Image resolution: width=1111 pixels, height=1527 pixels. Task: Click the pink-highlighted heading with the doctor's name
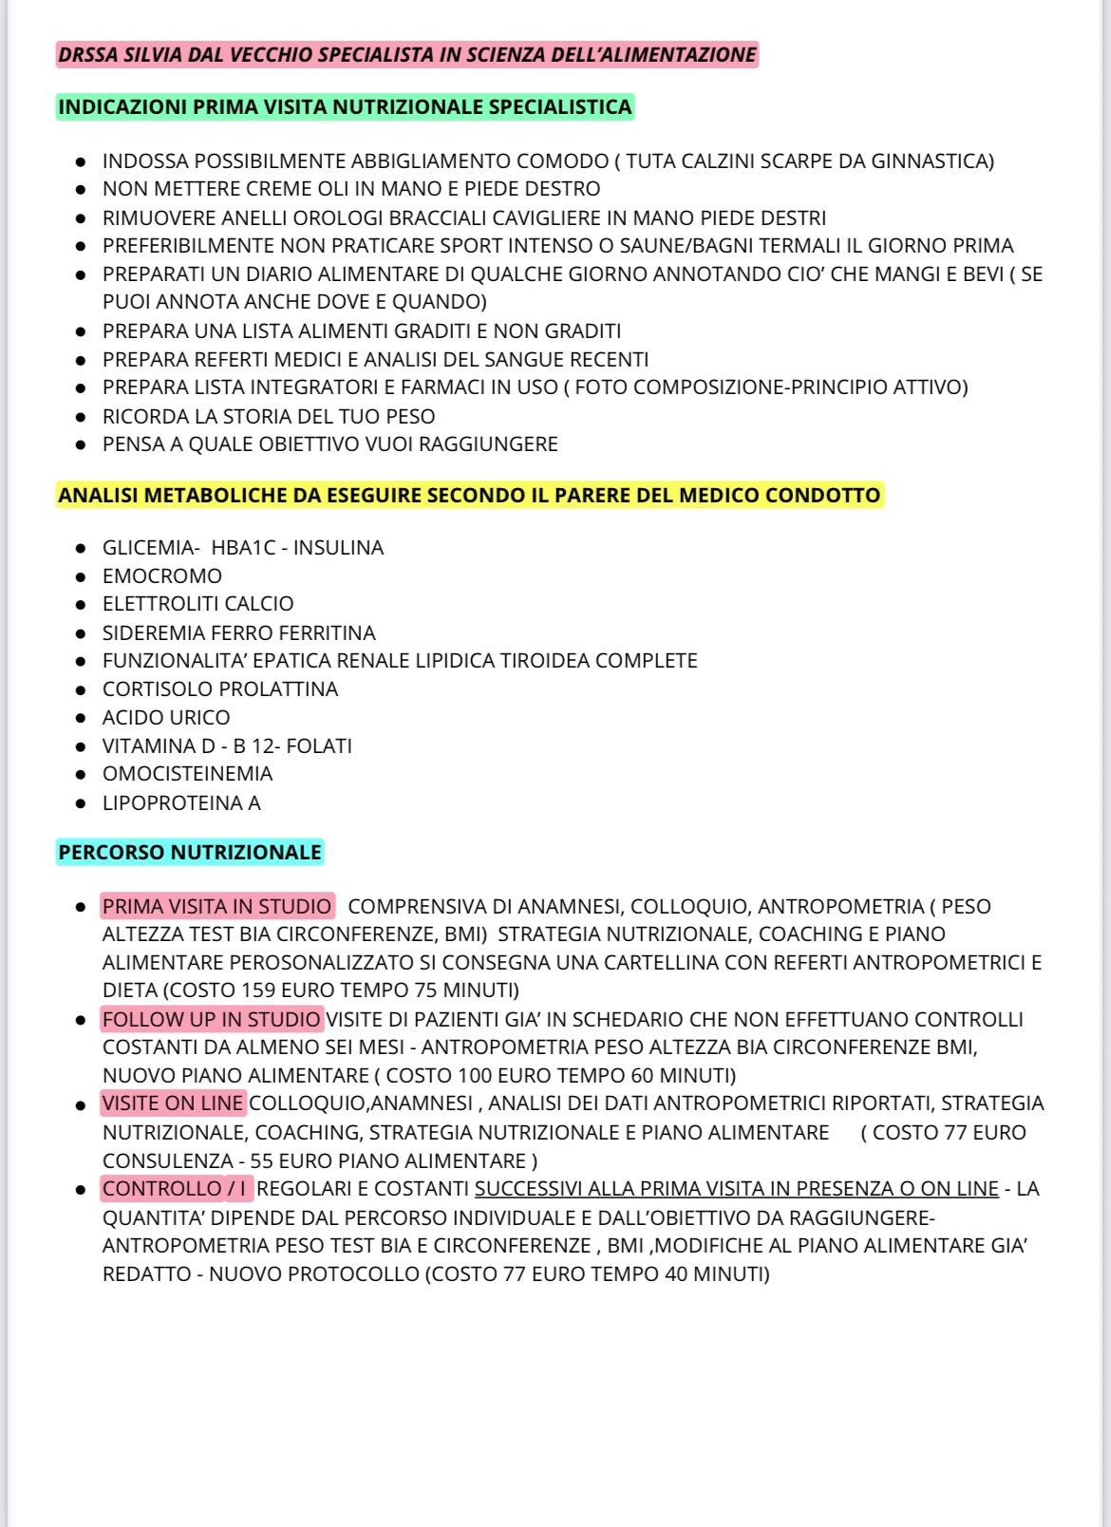407,55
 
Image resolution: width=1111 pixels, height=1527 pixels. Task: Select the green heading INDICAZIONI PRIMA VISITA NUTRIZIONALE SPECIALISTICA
345,106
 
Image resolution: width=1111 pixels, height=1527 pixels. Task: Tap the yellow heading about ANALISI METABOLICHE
469,495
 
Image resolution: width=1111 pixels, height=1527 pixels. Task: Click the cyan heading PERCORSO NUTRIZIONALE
190,852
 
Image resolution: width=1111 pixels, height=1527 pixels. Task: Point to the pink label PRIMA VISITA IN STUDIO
217,906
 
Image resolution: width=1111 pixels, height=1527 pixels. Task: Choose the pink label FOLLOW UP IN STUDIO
212,1019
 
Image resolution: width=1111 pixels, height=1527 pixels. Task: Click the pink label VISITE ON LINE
173,1103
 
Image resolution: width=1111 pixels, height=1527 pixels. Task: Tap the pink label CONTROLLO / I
176,1188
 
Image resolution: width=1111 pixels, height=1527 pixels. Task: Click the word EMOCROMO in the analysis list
162,575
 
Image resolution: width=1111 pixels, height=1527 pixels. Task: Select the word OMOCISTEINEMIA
187,773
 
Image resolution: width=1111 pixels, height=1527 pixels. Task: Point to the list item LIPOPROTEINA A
181,802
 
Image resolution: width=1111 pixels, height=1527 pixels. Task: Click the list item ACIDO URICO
166,717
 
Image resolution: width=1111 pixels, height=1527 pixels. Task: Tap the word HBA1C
243,547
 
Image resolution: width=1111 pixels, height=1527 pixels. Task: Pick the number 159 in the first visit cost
259,990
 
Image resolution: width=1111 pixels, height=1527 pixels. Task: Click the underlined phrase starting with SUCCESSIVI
736,1188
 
